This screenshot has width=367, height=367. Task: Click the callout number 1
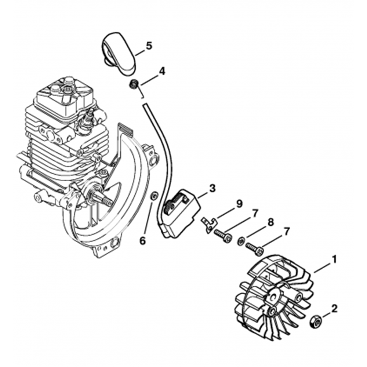coord(334,260)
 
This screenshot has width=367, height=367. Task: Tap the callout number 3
coord(212,189)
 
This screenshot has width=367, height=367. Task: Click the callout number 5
coord(149,46)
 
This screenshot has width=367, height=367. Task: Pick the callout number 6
coord(142,241)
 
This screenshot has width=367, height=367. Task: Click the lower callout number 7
coord(286,232)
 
